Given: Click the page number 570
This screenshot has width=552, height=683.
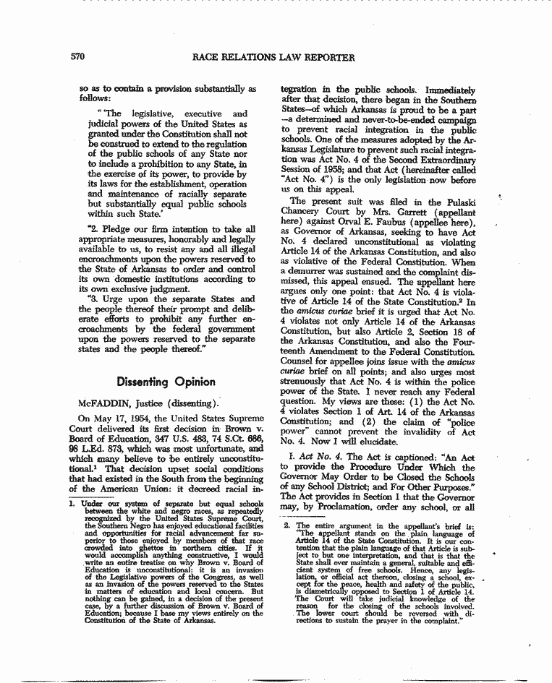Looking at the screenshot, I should pos(79,56).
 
